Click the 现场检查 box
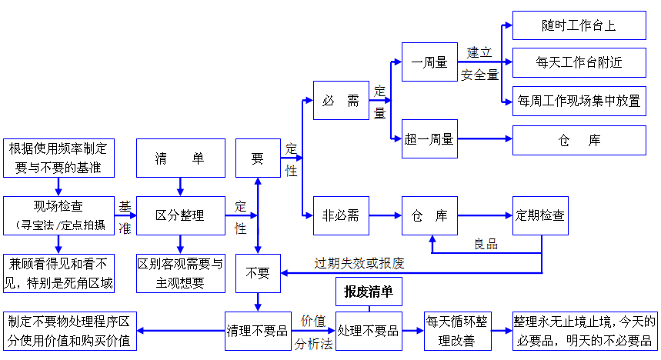coord(58,215)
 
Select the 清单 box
coord(180,158)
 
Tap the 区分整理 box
coord(180,215)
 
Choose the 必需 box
coord(341,100)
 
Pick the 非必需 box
coord(341,215)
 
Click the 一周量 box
coord(429,62)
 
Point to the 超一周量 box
coord(429,139)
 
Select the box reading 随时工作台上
coord(579,26)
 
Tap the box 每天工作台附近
coord(579,62)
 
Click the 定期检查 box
coord(539,215)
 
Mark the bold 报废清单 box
coord(369,292)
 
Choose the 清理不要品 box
coord(257,331)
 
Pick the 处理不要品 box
coord(369,331)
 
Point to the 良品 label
coord(486,245)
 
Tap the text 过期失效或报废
coord(359,263)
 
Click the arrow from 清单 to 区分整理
coord(180,186)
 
